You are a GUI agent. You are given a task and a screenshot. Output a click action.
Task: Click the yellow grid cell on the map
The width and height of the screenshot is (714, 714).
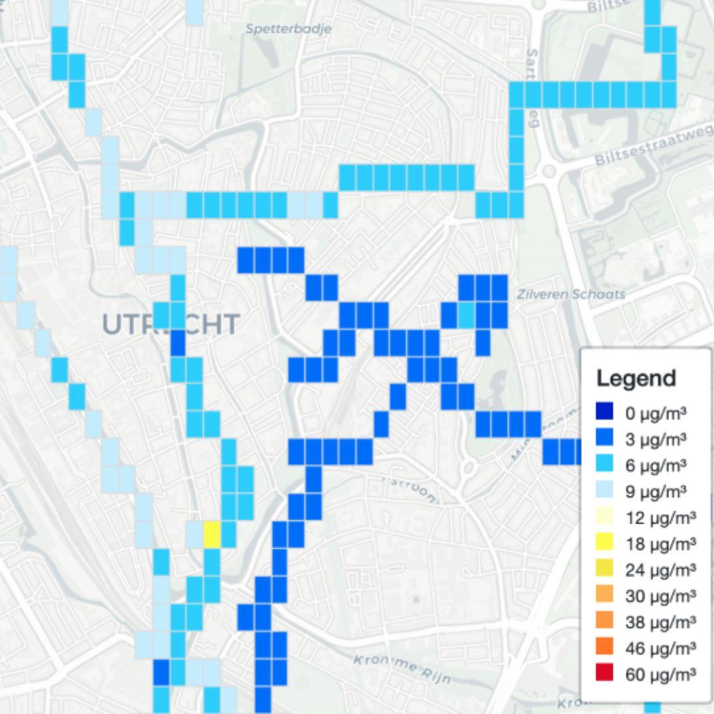tap(211, 534)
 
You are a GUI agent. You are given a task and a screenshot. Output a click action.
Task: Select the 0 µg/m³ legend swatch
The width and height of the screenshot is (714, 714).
tap(604, 413)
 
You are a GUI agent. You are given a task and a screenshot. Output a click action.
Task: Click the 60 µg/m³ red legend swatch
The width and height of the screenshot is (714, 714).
tap(604, 674)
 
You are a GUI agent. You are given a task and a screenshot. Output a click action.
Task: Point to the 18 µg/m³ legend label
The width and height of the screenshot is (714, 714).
tap(660, 544)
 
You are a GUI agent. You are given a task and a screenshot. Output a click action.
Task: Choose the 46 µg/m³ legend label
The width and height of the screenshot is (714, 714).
tap(660, 648)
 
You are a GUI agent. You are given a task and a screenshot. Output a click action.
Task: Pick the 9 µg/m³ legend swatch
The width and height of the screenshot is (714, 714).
tap(604, 491)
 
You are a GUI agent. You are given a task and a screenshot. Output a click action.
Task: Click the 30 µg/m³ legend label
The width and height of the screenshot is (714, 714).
tap(660, 596)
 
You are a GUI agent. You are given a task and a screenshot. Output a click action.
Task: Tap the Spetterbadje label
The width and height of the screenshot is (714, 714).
tap(288, 29)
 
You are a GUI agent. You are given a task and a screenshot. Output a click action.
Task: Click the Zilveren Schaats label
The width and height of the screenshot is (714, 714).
tap(570, 294)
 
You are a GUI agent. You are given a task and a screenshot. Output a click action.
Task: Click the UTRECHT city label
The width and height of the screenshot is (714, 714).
tap(171, 325)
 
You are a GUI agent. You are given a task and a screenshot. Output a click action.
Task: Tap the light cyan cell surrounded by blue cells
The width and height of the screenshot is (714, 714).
tap(467, 314)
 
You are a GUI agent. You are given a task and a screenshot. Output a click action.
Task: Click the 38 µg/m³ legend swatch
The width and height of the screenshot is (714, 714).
tap(604, 621)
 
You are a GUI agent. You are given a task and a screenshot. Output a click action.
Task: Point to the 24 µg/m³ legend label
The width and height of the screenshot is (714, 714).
tap(660, 570)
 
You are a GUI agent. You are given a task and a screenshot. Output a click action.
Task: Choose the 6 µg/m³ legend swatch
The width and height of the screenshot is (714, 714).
tap(604, 465)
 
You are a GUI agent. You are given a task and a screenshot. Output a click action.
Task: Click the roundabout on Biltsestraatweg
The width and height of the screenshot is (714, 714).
tap(548, 171)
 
